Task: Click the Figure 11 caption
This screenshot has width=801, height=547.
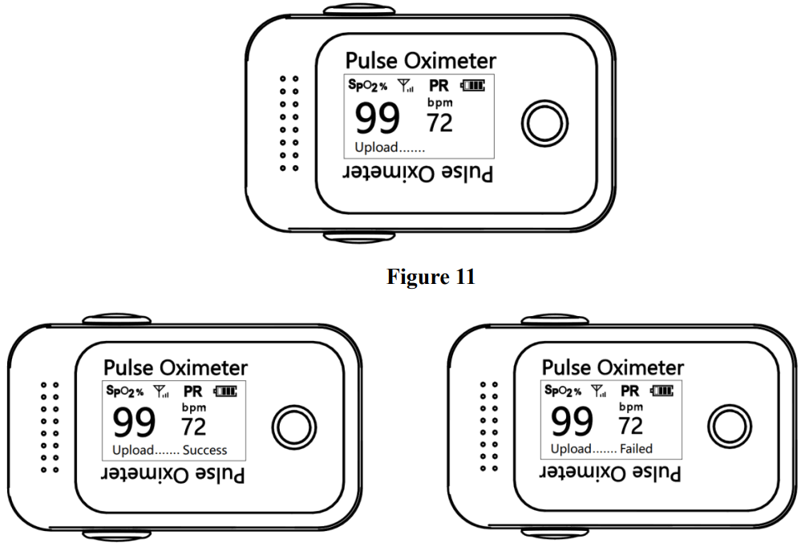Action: click(431, 278)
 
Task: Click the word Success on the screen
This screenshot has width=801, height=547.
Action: click(204, 450)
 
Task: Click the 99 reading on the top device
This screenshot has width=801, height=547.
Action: click(377, 119)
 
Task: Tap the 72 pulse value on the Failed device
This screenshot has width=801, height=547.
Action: click(630, 425)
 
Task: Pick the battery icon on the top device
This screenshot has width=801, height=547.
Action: click(472, 85)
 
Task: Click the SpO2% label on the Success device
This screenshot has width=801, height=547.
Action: click(123, 391)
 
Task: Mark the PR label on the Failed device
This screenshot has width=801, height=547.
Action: click(630, 391)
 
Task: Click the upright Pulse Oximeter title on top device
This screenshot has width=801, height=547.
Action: click(420, 60)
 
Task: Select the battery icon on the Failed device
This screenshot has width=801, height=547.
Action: click(662, 391)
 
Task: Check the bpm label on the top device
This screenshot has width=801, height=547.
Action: click(439, 103)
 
